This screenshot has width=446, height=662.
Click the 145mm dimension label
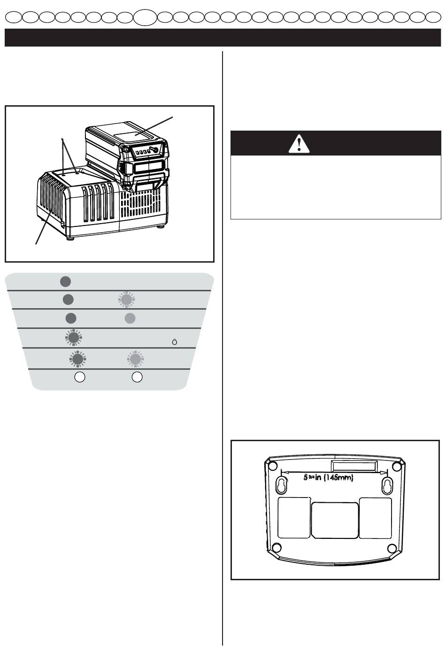coord(328,477)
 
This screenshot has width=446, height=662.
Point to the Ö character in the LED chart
coord(174,342)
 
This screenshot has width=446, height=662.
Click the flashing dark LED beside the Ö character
coord(73,338)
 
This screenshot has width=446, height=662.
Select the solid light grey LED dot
coord(130,318)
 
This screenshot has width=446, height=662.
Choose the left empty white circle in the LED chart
coord(80,377)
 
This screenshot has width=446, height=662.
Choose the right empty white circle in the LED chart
coord(137,377)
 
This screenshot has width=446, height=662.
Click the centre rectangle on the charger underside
coord(335,520)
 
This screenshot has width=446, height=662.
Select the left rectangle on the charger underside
coord(294,518)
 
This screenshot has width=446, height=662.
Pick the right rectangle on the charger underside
coord(376,518)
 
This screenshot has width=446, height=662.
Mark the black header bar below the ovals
coord(223,38)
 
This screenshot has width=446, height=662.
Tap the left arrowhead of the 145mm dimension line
coord(282,472)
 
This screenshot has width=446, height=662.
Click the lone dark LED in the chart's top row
coord(65,281)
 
